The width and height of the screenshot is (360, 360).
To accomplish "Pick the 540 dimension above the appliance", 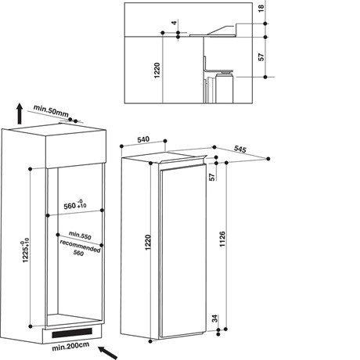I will (143, 139).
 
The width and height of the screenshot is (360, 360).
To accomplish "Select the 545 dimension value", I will (240, 149).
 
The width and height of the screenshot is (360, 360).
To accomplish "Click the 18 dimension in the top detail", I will (261, 10).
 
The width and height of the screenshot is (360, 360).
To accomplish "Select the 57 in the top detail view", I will (261, 57).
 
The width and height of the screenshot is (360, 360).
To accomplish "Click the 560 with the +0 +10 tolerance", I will (71, 206).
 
